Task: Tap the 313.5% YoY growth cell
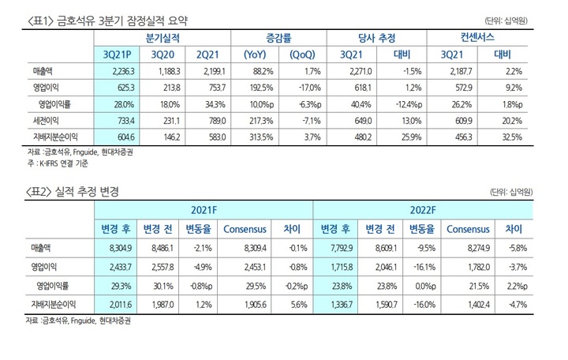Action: tap(260, 137)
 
